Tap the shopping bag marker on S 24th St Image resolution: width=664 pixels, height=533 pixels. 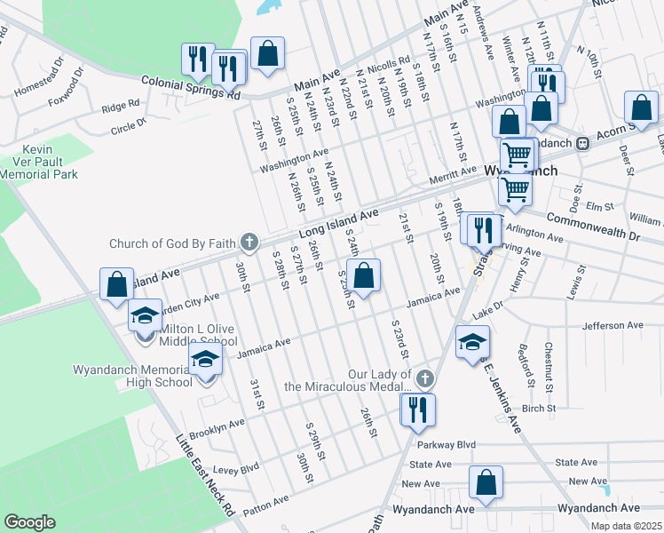click(364, 275)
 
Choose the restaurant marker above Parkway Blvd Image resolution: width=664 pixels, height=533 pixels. click(415, 409)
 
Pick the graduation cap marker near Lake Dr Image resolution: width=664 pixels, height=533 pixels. click(472, 342)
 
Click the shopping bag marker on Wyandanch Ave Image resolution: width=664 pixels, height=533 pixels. click(486, 484)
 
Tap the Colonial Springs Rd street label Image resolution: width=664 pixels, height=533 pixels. click(191, 86)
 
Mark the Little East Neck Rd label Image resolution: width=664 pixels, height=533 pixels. click(205, 475)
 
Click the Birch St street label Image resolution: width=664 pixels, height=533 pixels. click(539, 409)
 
